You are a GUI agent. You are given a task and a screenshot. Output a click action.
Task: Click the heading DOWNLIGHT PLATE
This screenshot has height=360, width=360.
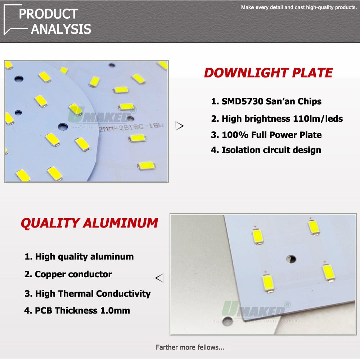[268, 73]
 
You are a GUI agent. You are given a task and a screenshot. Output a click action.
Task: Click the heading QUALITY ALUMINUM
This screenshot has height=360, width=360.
[89, 223]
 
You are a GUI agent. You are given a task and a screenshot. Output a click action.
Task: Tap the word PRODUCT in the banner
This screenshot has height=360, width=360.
[48, 14]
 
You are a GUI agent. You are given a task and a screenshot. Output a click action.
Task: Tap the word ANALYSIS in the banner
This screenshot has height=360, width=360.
[61, 29]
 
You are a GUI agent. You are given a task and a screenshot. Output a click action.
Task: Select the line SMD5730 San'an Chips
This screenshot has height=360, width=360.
[266, 101]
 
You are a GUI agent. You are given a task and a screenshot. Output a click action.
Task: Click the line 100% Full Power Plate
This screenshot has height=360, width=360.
[266, 135]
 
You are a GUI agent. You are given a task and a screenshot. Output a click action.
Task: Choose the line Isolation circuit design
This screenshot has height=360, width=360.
[266, 150]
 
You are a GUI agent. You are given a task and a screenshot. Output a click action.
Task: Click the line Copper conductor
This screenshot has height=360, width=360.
[68, 274]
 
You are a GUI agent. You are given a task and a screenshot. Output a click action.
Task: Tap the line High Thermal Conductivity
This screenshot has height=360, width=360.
[87, 293]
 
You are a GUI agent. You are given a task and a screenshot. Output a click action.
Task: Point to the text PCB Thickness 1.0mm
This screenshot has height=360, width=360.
[77, 310]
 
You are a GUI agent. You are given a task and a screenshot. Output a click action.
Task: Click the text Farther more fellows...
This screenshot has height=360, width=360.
[190, 347]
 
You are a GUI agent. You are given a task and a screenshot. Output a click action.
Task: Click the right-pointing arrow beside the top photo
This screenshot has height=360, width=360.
[180, 126]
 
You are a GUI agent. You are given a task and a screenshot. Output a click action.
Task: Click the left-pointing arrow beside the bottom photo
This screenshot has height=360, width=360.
[159, 278]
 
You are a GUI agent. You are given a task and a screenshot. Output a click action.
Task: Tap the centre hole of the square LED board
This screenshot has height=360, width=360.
[291, 259]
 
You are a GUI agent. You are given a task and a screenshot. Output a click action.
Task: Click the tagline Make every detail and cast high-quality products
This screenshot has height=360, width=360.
[298, 7]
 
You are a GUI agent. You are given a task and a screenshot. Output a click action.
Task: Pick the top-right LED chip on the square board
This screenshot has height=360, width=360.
[314, 228]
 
